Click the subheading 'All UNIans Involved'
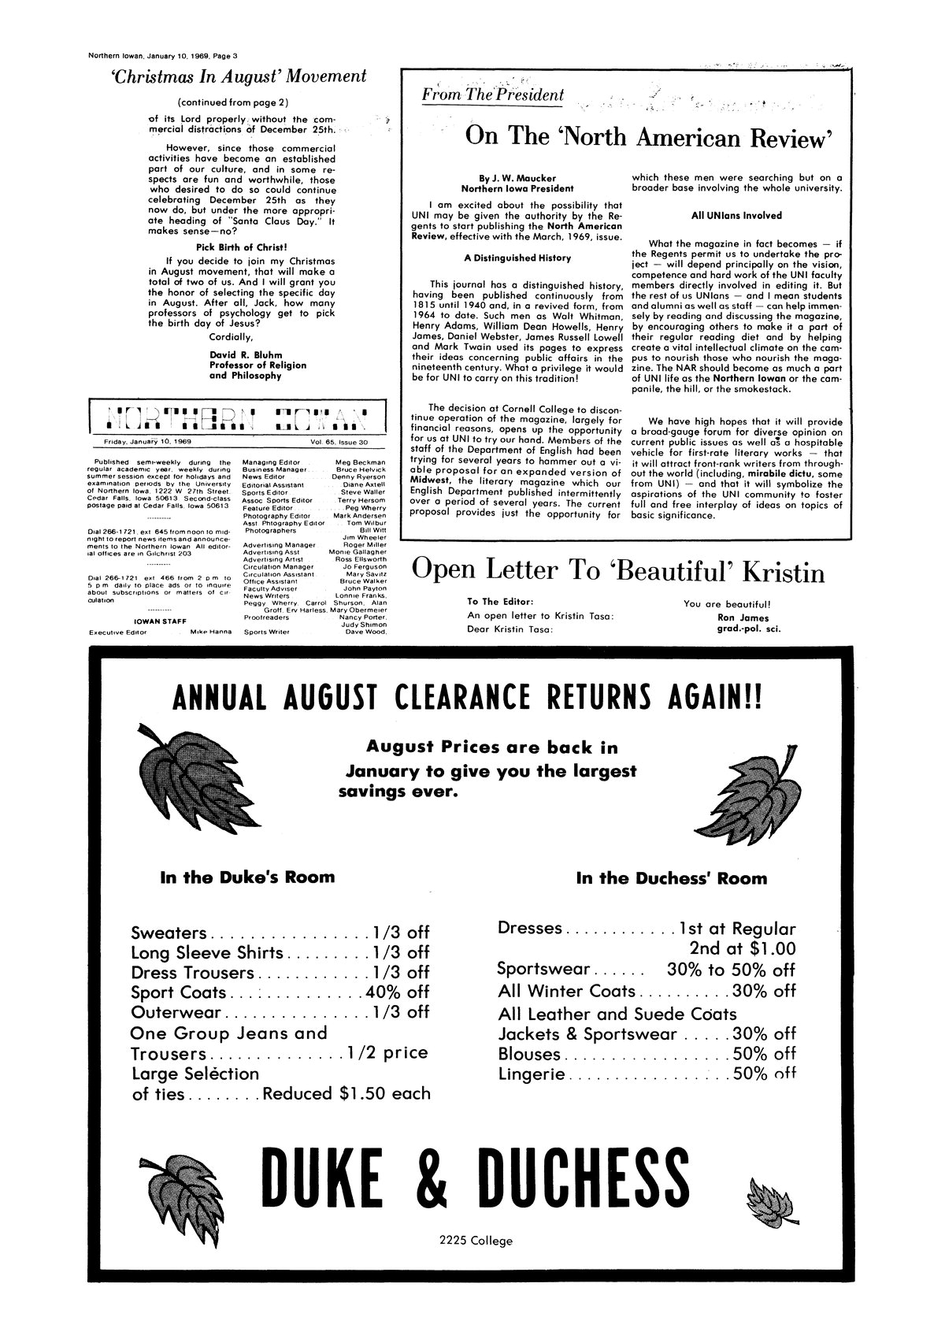pyautogui.click(x=736, y=215)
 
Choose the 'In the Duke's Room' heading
pyautogui.click(x=247, y=877)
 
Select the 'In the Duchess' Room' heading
pyautogui.click(x=671, y=877)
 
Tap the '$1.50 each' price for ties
pyautogui.click(x=385, y=1093)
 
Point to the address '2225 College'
pyautogui.click(x=476, y=1241)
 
